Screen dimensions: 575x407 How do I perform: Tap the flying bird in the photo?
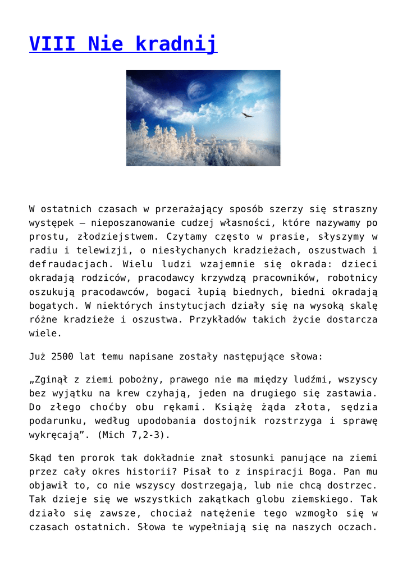point(247,115)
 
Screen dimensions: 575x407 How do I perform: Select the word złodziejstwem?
point(107,236)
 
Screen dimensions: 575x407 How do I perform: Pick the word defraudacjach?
point(66,264)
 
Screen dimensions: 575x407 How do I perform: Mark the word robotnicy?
point(353,278)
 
